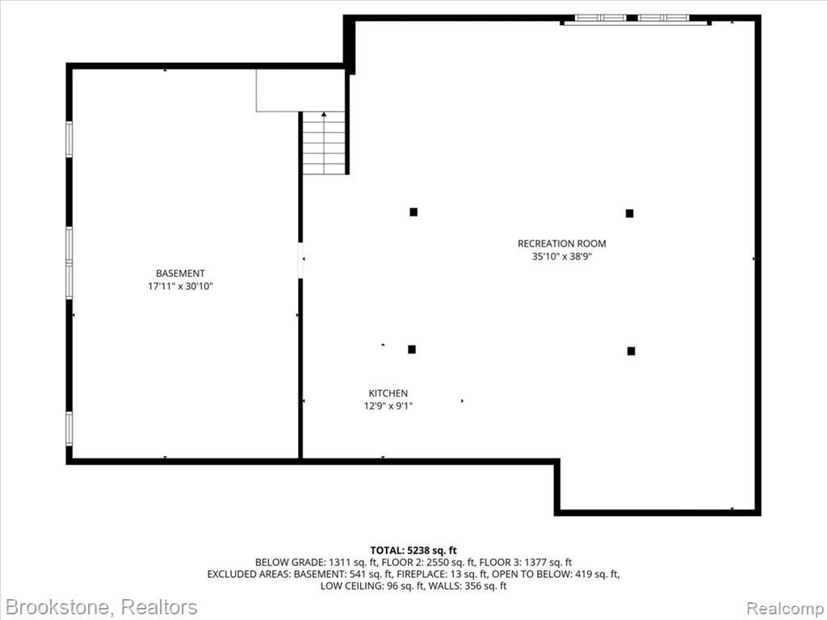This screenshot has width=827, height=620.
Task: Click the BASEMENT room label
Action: [x=180, y=273]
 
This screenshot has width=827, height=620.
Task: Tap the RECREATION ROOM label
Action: [x=562, y=244]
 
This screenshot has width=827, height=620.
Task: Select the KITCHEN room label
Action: [x=388, y=393]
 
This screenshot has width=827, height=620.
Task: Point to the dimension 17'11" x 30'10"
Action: [x=180, y=287]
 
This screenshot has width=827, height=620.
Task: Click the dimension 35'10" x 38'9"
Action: [x=562, y=258]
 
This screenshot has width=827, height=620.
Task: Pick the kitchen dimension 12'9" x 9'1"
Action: [x=388, y=407]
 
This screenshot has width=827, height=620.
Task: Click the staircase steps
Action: [x=324, y=144]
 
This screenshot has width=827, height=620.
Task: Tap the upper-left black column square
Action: [x=413, y=212]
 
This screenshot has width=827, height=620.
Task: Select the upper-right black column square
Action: [x=629, y=213]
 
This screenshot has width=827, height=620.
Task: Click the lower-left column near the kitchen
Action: [x=412, y=349]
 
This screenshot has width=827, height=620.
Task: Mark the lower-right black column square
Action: [x=631, y=351]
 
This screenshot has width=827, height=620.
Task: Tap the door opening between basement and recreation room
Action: [x=300, y=260]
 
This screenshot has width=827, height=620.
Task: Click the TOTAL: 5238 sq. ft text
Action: [x=413, y=551]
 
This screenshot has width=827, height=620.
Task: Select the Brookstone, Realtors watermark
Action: [x=100, y=607]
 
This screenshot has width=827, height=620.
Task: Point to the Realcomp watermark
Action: [x=785, y=608]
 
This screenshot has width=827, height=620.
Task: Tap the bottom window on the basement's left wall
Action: [x=69, y=429]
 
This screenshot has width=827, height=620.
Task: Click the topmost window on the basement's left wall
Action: [x=69, y=139]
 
